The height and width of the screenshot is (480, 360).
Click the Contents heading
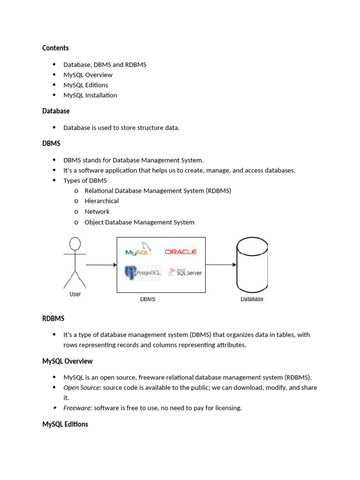pos(55,48)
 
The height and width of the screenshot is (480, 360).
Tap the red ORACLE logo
pos(180,252)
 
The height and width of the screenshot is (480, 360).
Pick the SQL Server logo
pos(186,272)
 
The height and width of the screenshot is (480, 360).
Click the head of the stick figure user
pos(75,244)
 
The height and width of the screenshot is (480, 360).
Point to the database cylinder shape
pos(252,265)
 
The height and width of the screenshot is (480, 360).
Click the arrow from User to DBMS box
pos(101,265)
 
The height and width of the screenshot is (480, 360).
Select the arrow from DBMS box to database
pos(221,264)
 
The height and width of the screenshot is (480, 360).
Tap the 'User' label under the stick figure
pos(75,294)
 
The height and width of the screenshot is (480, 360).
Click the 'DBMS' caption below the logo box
pos(148,299)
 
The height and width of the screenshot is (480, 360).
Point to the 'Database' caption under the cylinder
pos(252,299)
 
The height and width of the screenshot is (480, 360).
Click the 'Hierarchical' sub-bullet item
pos(101,201)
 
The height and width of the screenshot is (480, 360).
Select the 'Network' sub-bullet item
pos(97,211)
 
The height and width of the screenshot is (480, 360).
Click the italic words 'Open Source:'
pos(82,388)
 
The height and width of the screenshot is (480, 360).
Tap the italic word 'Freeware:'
pos(78,408)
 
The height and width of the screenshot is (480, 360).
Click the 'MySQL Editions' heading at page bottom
pos(65,424)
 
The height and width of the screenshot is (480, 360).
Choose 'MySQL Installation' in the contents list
pos(90,95)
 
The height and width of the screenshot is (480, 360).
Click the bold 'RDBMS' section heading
pos(53,319)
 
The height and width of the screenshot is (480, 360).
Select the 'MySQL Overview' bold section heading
pos(67,361)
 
